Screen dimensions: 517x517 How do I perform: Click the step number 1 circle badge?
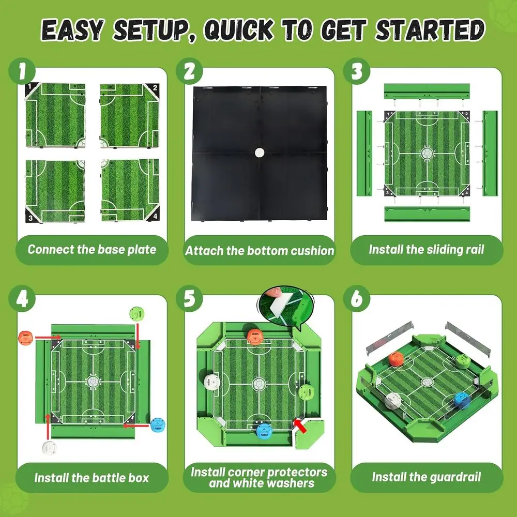click(22, 71)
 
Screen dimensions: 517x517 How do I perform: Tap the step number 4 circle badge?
click(22, 299)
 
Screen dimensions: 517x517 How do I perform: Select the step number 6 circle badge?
click(357, 299)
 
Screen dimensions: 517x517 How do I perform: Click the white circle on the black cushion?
click(260, 153)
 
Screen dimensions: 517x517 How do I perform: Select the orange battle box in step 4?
click(25, 338)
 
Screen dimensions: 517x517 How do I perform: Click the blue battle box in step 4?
click(157, 424)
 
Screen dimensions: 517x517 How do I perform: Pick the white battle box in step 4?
click(49, 448)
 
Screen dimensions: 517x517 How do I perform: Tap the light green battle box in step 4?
click(137, 313)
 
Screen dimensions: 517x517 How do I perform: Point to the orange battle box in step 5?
click(255, 337)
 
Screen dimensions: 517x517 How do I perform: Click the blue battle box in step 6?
click(462, 401)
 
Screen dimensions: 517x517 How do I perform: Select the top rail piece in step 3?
click(427, 91)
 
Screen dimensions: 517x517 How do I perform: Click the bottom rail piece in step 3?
click(427, 214)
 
